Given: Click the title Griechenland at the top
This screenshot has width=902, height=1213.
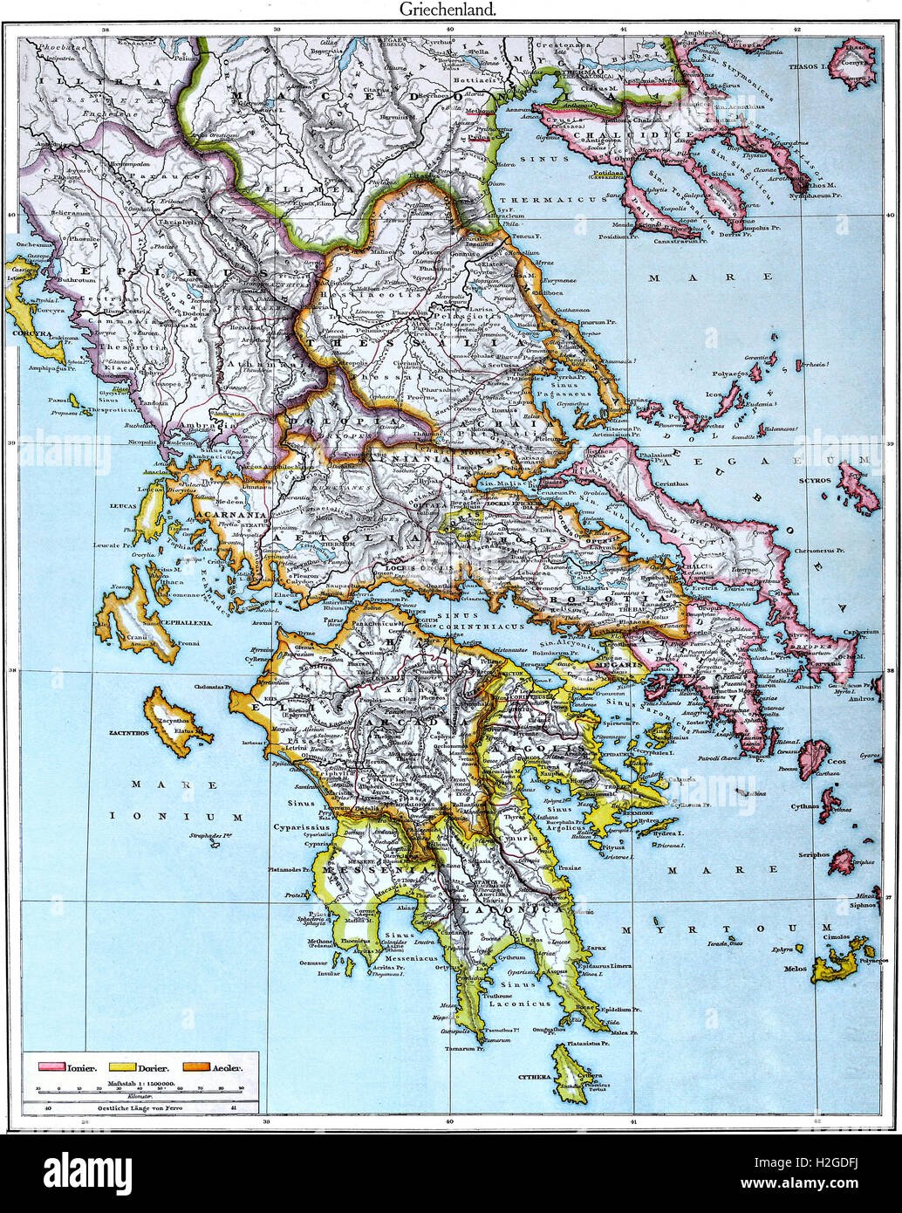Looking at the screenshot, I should [x=448, y=10].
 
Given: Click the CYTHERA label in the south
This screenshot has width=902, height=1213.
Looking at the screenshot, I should [x=534, y=1077].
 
